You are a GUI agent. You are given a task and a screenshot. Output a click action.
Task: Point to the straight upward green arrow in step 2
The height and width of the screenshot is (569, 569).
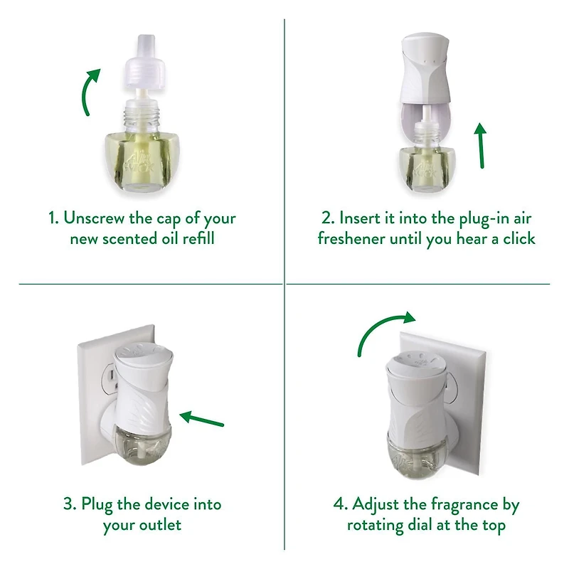coord(482,146)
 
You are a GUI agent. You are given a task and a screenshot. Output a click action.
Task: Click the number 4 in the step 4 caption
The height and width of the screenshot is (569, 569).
coord(339,505)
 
